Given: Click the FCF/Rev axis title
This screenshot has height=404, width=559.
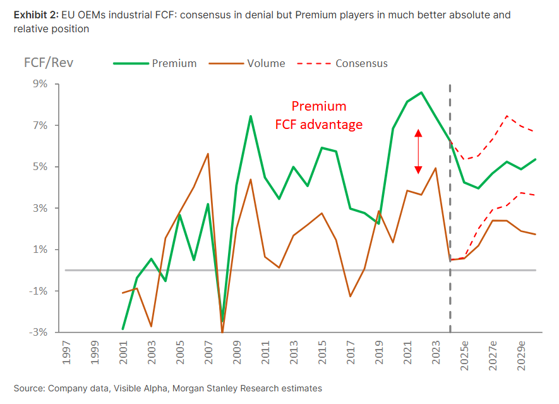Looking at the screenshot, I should pos(48,63).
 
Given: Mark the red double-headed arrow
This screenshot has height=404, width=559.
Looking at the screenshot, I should pos(418,152).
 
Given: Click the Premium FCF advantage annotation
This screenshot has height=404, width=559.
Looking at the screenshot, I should pos(319,115).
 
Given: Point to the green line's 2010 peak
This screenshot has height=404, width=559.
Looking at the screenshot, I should pos(251,116).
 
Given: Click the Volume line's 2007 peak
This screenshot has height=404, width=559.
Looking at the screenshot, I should pos(208,154).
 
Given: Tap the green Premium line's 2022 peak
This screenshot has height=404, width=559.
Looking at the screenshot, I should pos(421,92).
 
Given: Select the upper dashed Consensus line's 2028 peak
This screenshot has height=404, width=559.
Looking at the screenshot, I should pos(507,116).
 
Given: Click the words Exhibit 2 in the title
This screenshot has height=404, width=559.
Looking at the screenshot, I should pos(35,15).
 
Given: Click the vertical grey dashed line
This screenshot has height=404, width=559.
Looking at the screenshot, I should pos(450,209).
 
